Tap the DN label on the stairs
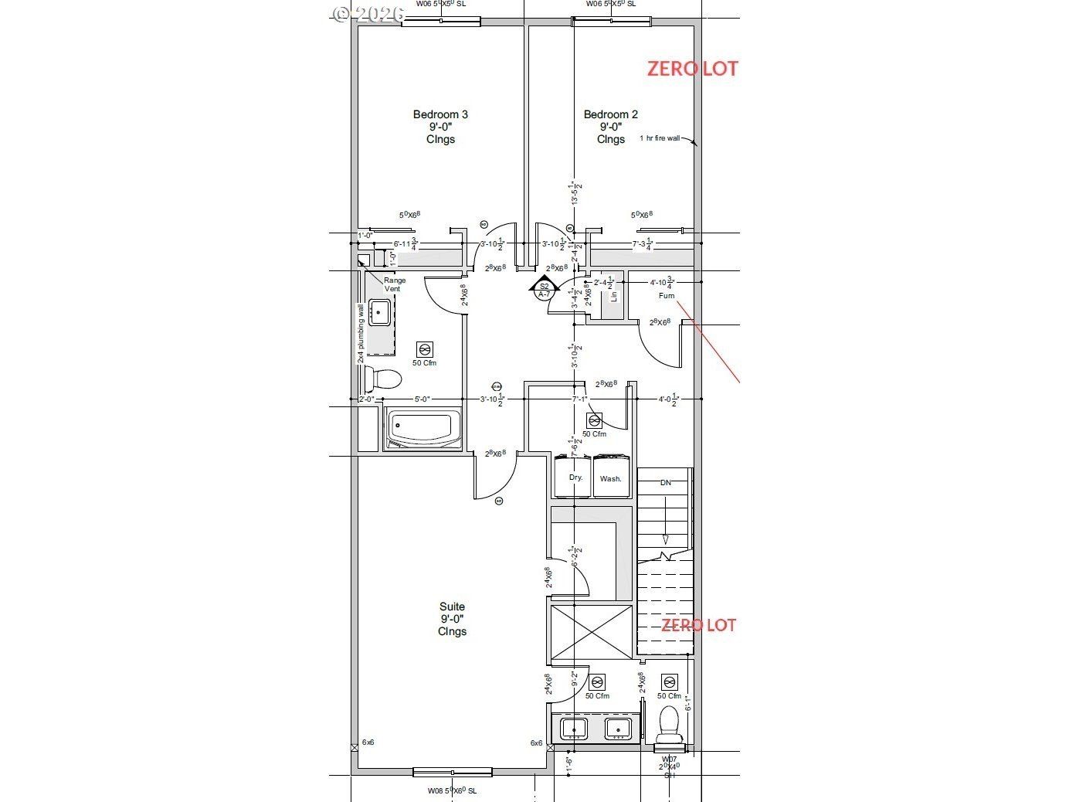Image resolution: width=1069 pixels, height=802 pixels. coord(665,482)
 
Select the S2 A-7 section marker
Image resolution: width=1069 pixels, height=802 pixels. coord(544,290)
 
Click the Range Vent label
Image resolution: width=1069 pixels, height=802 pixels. coord(395,284)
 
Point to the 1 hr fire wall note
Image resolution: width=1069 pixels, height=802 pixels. coord(660,138)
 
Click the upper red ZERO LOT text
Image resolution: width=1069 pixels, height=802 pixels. coord(692,69)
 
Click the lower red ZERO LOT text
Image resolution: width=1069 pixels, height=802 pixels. coord(698,625)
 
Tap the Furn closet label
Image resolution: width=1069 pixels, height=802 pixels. coord(666,296)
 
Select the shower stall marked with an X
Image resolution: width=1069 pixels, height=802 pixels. coord(591,632)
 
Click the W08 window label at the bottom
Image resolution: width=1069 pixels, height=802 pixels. coord(453,790)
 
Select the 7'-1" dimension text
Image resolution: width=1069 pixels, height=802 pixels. coord(579,399)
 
